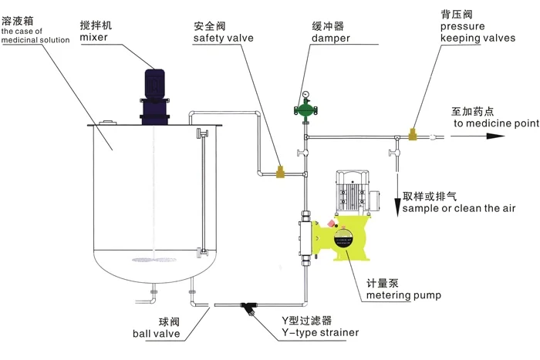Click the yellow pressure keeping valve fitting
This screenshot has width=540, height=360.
414,136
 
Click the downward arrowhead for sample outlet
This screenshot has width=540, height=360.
398,190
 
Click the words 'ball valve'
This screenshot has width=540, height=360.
156,334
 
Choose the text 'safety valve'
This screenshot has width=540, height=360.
223,37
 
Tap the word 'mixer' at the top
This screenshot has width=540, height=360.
93,37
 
